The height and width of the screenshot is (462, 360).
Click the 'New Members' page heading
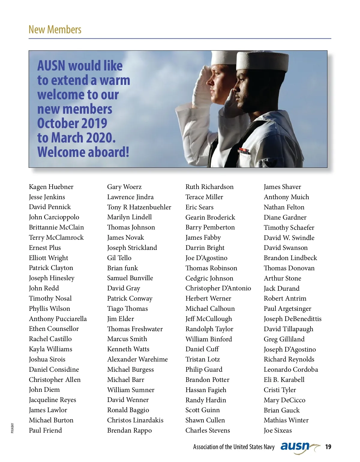(x=55, y=30)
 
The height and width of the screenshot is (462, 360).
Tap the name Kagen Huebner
(x=51, y=187)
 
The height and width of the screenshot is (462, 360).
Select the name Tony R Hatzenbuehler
(x=139, y=207)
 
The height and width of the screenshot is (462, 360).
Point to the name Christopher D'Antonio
(x=218, y=288)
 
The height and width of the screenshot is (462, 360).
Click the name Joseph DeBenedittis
(x=292, y=319)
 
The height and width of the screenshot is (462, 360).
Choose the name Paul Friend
(x=45, y=430)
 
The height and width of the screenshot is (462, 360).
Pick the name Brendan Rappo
(x=129, y=430)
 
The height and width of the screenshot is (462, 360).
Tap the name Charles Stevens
(x=208, y=430)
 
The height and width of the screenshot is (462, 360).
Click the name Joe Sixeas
(x=277, y=430)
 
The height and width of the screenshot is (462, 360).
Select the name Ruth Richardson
(x=209, y=187)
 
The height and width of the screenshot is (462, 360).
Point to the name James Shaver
(x=282, y=187)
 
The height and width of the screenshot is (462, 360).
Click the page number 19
(x=328, y=447)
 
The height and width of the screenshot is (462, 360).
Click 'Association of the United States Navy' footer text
(x=234, y=447)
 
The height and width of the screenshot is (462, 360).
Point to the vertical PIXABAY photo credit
(x=12, y=428)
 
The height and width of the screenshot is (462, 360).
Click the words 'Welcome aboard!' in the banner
(x=83, y=152)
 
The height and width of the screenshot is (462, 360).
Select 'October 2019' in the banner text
(x=72, y=123)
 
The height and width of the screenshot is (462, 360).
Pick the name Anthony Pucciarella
(x=58, y=319)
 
